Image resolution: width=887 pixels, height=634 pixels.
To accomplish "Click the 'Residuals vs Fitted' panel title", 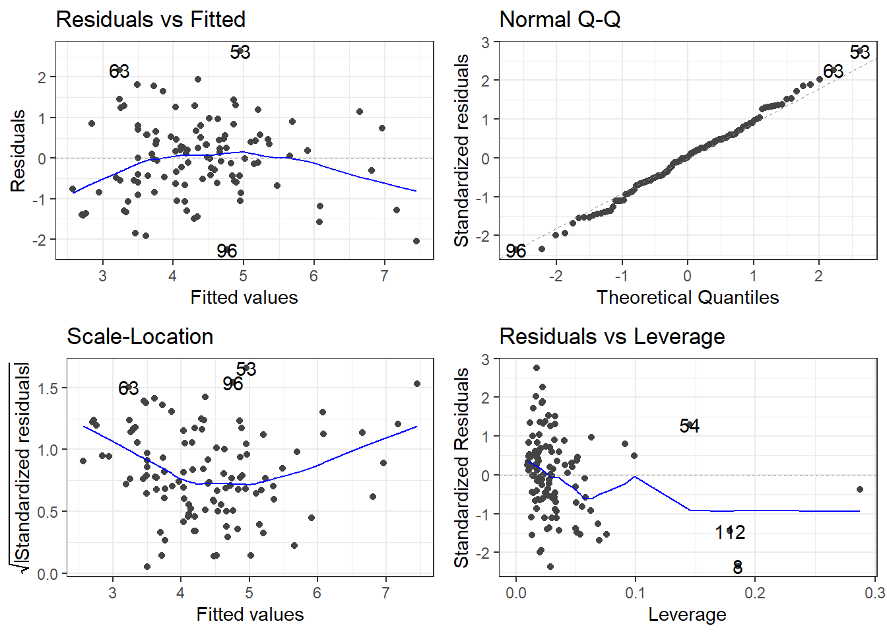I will pos(150,20).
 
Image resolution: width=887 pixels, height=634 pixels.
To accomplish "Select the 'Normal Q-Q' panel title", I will pos(560,20).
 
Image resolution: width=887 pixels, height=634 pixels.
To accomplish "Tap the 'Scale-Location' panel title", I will pos(140,337).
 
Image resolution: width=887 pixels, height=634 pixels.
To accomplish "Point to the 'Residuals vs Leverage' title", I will pos(612,337).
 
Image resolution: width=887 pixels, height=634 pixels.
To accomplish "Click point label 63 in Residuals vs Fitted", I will pos(119,71).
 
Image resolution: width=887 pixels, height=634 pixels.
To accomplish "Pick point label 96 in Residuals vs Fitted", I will pos(227,251).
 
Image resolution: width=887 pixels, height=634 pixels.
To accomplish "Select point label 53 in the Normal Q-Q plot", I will pos(859,52).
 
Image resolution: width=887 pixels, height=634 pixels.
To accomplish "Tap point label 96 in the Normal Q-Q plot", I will pos(516,251).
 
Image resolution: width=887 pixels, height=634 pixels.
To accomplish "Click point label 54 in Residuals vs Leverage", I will pos(690,427).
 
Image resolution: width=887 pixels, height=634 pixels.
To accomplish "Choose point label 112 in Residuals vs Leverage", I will pos(730,532).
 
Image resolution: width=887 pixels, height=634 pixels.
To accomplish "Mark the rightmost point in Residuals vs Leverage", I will pos(860,489).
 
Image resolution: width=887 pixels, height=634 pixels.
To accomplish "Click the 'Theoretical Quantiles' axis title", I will pos(688,298).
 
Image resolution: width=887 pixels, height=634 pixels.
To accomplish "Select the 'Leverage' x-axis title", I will pos(687,615).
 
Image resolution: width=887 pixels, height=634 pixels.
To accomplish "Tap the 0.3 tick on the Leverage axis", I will pos(875,593).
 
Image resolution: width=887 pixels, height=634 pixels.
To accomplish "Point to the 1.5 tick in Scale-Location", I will pos(48,388).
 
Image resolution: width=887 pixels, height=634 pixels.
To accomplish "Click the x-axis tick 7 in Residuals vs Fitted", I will pos(385,276).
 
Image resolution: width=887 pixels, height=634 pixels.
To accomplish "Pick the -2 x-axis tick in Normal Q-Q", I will pos(556,276).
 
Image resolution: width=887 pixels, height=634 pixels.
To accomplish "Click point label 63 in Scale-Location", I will pos(129,388).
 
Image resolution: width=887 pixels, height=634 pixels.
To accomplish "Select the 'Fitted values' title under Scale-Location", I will pos(250,615).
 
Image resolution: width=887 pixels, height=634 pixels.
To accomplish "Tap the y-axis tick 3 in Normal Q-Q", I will pos(486,42).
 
